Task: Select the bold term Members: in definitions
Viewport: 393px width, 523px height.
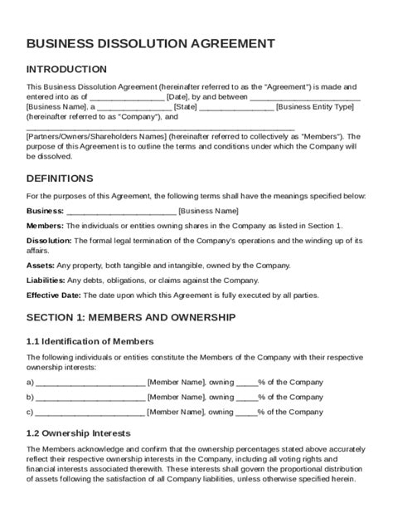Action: [x=45, y=225]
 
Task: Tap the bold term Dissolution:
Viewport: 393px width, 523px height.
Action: [x=49, y=240]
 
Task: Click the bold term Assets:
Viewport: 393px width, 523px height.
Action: [x=41, y=266]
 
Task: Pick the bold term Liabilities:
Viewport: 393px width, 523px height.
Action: [x=46, y=280]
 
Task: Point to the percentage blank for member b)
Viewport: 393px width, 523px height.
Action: [x=246, y=397]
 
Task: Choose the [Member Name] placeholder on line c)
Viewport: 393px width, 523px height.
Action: [x=176, y=411]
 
